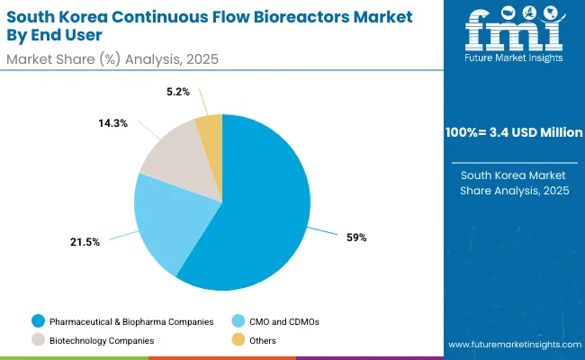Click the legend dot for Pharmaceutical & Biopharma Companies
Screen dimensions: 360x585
click(x=37, y=320)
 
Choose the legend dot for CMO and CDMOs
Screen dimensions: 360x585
click(x=239, y=320)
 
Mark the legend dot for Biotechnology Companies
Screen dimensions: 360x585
click(x=37, y=340)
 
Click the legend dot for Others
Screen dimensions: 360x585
click(x=239, y=340)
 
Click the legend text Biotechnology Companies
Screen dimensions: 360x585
click(x=102, y=340)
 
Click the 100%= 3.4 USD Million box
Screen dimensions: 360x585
click(x=515, y=132)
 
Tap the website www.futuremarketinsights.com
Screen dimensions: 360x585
click(x=514, y=345)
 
